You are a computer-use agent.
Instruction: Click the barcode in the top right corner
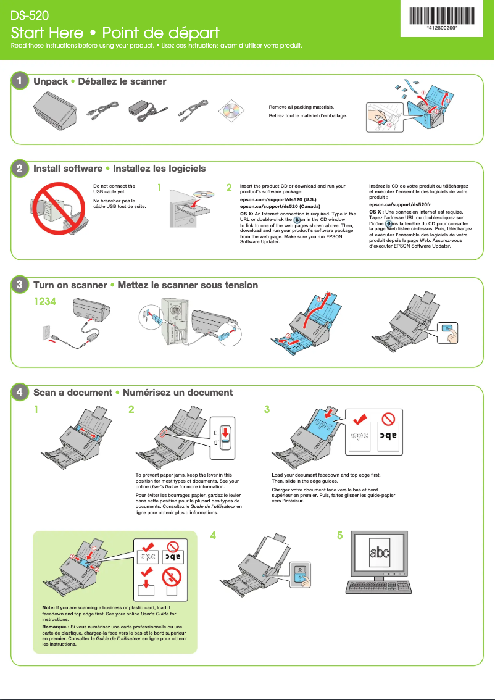[x=442, y=14]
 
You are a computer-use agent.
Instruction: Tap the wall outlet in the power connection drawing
[x=45, y=332]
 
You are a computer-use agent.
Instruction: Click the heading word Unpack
[x=51, y=81]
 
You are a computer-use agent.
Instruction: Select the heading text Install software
[x=68, y=169]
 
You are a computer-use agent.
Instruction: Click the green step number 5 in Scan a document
[x=339, y=536]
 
